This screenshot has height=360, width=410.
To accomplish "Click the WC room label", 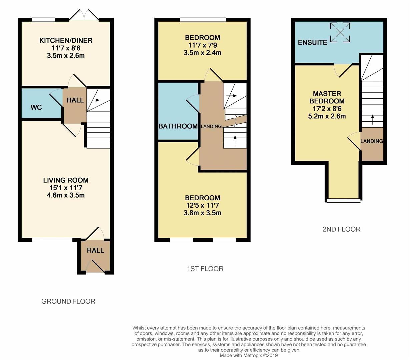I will pyautogui.click(x=36, y=107).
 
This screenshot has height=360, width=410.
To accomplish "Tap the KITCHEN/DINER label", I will pyautogui.click(x=66, y=41).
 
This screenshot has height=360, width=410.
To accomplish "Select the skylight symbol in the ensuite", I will pyautogui.click(x=340, y=32).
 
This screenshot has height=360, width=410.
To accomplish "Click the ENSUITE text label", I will pyautogui.click(x=312, y=43).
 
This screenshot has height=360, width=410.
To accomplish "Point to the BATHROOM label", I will pyautogui.click(x=178, y=126).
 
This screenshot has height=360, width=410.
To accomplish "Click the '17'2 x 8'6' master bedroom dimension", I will pyautogui.click(x=327, y=109).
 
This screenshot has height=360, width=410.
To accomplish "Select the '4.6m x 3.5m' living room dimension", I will pyautogui.click(x=66, y=195).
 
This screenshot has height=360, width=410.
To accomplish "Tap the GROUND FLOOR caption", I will pyautogui.click(x=68, y=301).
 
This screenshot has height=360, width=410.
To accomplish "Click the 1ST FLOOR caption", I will pyautogui.click(x=205, y=269).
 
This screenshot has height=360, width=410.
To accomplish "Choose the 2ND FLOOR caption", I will pyautogui.click(x=341, y=229).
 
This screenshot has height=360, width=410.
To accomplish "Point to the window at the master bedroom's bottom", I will pyautogui.click(x=343, y=200).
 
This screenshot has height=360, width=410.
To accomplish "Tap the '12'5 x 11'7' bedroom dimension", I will pyautogui.click(x=202, y=205).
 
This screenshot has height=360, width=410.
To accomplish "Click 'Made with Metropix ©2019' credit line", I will pyautogui.click(x=249, y=356).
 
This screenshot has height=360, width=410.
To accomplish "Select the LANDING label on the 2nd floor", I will pyautogui.click(x=372, y=141).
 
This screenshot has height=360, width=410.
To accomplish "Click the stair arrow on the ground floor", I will pyautogui.click(x=95, y=100).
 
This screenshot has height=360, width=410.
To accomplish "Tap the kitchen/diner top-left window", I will pyautogui.click(x=43, y=20).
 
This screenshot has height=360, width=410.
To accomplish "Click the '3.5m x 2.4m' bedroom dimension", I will pyautogui.click(x=202, y=53).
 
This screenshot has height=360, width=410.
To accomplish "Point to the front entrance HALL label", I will pyautogui.click(x=95, y=250).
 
